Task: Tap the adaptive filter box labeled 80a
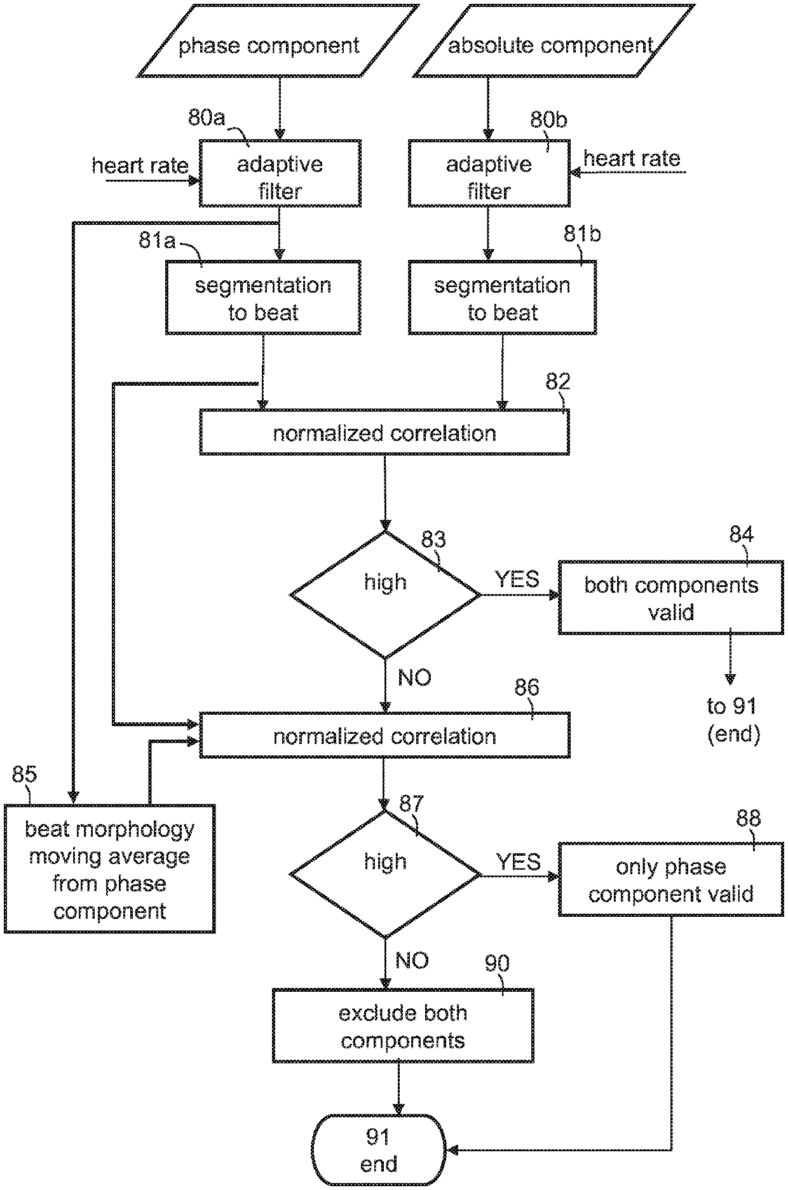280,174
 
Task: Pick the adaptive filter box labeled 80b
489,174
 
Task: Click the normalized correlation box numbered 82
384,432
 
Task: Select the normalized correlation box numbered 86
384,735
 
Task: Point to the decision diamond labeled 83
385,595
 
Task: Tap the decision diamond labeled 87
385,874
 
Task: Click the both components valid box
670,597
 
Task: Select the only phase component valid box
670,879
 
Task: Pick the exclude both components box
403,1025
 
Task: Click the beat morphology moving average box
109,869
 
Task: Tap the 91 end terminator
379,1151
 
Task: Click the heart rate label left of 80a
140,166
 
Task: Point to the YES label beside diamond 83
517,579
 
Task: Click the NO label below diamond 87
412,961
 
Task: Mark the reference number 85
25,774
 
